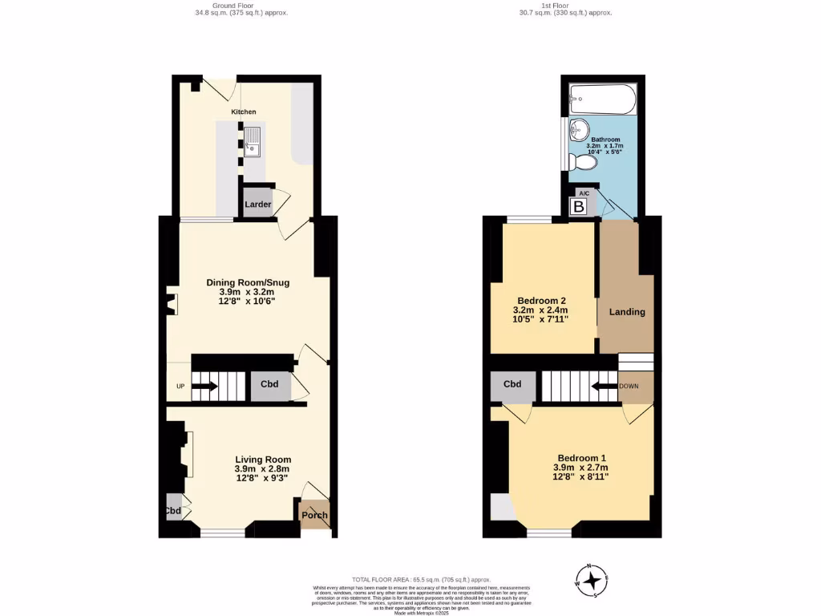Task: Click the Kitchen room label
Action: (x=244, y=111)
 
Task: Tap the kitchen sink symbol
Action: (x=253, y=140)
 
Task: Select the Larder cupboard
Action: (x=257, y=205)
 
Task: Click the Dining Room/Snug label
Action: (x=248, y=282)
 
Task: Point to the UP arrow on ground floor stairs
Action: (x=204, y=386)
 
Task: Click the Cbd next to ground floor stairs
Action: (x=270, y=384)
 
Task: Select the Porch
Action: (x=314, y=515)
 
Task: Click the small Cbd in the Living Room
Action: (x=174, y=510)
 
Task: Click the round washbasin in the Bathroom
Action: (x=579, y=129)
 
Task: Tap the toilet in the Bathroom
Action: (x=584, y=163)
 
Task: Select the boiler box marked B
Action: (x=579, y=207)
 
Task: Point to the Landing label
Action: (x=627, y=311)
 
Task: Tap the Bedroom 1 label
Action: (x=580, y=458)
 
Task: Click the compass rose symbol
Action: (x=592, y=580)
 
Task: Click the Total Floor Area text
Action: (x=421, y=579)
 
